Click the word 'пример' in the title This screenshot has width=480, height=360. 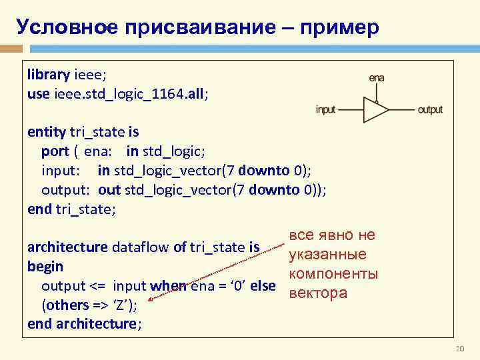pos(341,27)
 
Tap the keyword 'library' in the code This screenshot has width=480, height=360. pos(49,74)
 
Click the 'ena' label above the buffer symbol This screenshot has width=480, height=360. pos(377,78)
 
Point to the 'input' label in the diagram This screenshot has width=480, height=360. pos(326,109)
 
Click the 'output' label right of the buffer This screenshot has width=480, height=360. pos(430,109)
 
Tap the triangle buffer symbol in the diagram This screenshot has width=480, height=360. pos(374,109)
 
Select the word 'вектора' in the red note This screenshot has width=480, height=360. pos(315,293)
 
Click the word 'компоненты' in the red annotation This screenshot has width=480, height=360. pos(333,274)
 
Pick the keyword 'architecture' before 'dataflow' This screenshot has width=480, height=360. pos(67,247)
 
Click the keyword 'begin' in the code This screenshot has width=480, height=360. pos(45,267)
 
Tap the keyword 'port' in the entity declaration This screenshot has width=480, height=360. pos(55,151)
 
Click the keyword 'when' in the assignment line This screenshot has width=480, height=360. pos(168,286)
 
